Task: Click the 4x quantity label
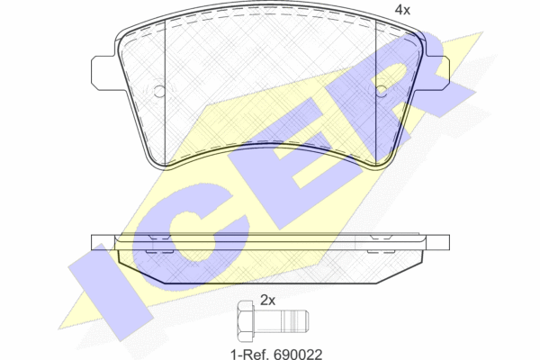[x=402, y=10]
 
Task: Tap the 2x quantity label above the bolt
[x=267, y=301]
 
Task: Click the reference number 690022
[x=298, y=354]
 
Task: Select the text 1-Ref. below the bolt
[x=250, y=354]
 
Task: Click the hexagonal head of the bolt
[x=246, y=321]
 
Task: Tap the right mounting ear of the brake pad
[x=436, y=73]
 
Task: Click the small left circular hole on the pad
[x=159, y=91]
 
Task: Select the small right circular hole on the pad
[x=382, y=91]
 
